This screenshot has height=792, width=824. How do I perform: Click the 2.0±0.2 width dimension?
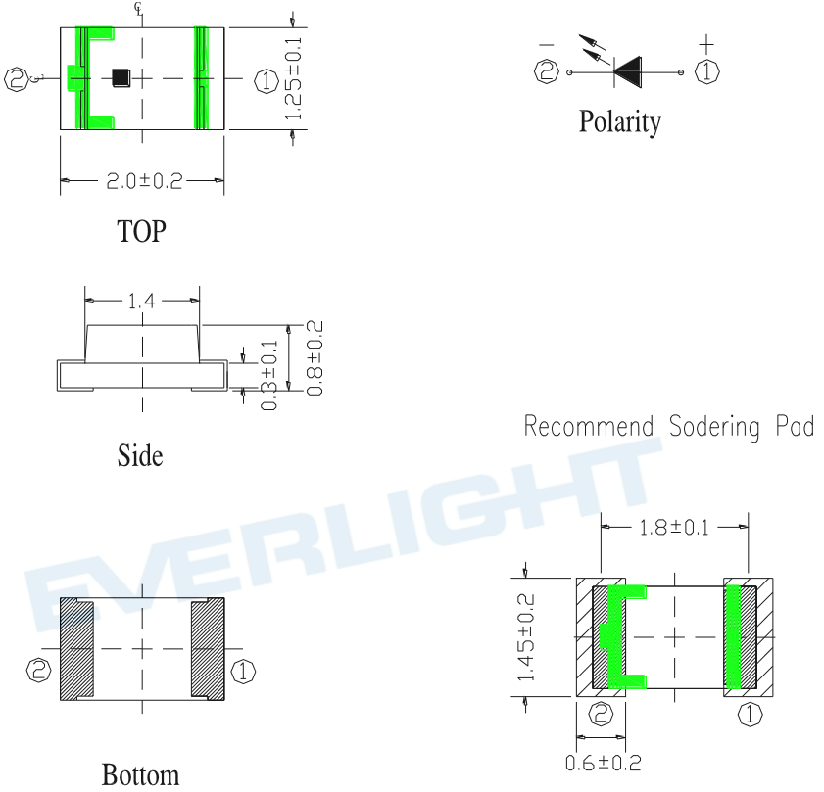(x=144, y=181)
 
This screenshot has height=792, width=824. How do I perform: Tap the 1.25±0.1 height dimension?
(x=293, y=78)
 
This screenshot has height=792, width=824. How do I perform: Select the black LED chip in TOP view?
(x=121, y=77)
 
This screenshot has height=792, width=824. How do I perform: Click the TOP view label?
(x=141, y=231)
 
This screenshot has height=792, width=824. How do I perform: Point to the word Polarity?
(x=619, y=121)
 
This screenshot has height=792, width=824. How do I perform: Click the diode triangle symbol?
(x=627, y=71)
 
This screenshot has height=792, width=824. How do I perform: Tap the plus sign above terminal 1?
(x=706, y=45)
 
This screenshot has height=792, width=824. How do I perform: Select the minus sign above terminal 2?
(x=547, y=45)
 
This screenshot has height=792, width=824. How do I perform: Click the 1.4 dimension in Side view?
(x=142, y=301)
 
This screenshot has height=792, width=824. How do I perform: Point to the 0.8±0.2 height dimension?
(x=315, y=357)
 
